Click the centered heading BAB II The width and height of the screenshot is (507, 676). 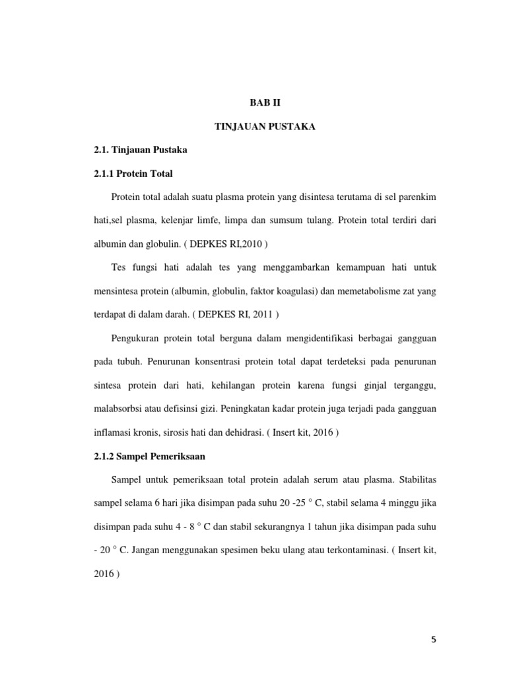pos(265,103)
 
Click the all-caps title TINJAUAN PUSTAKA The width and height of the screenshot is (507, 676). pos(265,127)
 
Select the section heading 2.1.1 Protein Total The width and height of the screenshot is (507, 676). pos(133,174)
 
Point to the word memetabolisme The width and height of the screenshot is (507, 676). pos(386,291)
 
